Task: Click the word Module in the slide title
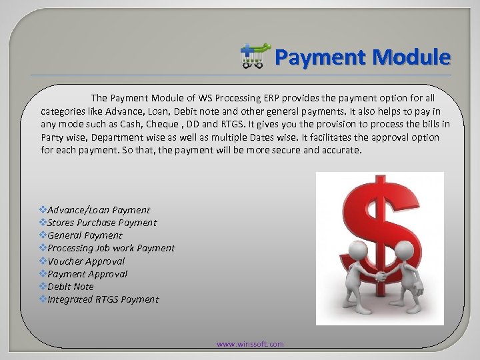[x=413, y=57]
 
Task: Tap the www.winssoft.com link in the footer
[x=250, y=344]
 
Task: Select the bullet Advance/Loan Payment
[x=99, y=210]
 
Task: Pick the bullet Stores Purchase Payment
[x=102, y=223]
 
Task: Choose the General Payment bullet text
[x=85, y=235]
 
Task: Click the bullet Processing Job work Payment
[x=111, y=248]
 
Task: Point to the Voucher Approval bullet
[x=86, y=261]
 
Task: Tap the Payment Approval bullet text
[x=87, y=274]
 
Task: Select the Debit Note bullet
[x=71, y=287]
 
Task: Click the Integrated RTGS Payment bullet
[x=103, y=299]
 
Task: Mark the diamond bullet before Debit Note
[x=43, y=286]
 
